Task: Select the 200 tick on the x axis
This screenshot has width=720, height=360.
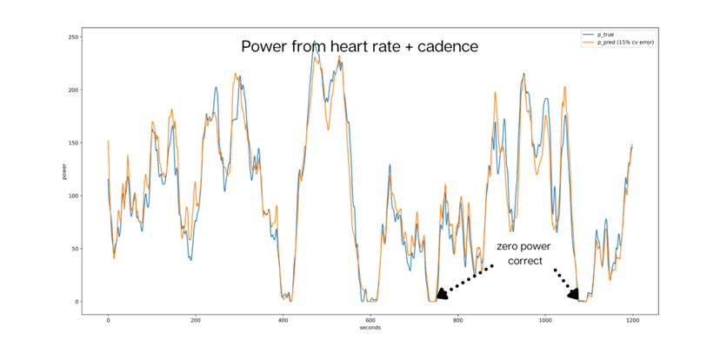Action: [x=196, y=319]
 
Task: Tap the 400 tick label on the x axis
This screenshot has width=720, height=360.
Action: [x=283, y=319]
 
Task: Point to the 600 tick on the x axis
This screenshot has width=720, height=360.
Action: [x=370, y=319]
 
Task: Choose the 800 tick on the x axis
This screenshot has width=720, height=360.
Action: [x=457, y=319]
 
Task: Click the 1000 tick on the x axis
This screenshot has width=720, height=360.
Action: [x=545, y=319]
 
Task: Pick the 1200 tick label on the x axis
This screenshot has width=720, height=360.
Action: [x=632, y=319]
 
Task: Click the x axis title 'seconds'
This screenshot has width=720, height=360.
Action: [x=370, y=328]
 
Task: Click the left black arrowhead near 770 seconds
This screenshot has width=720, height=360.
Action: [x=442, y=295]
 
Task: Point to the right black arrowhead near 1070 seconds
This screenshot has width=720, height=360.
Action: [x=573, y=294]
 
